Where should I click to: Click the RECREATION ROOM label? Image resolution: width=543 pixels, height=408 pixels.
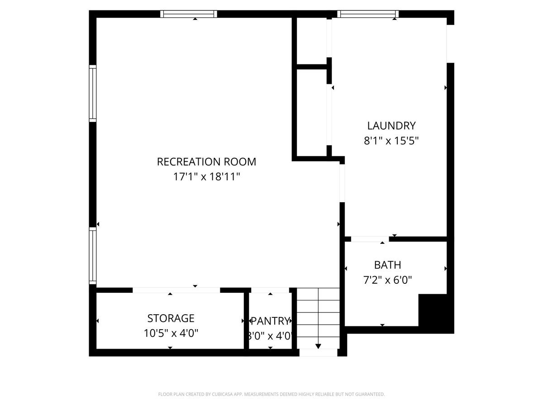pos(206,161)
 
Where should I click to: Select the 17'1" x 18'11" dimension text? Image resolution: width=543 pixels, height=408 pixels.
pos(206,177)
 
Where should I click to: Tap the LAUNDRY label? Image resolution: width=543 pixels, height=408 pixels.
pos(391,126)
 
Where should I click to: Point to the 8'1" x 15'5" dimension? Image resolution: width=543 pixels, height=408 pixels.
pos(391,141)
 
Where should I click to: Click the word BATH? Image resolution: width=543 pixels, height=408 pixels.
pos(387,265)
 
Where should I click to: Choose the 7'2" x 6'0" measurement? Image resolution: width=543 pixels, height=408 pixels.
pos(387,280)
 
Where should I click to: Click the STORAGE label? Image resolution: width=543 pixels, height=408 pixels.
pos(171,318)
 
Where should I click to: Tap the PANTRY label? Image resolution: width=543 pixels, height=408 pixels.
pos(270,321)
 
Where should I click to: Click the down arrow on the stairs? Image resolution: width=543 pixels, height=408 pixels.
pos(318,346)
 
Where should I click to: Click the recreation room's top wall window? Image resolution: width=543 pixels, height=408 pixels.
pos(189,14)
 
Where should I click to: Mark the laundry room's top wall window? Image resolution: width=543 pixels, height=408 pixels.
pos(368,14)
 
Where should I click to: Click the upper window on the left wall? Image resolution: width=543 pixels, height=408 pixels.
pos(93,93)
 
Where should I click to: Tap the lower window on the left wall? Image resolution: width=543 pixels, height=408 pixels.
pos(93,256)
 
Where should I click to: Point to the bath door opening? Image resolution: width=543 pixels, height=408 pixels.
pos(370,239)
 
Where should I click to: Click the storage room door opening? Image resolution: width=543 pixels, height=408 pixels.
pos(176,290)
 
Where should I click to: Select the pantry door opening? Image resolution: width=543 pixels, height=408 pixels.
pos(270,290)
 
